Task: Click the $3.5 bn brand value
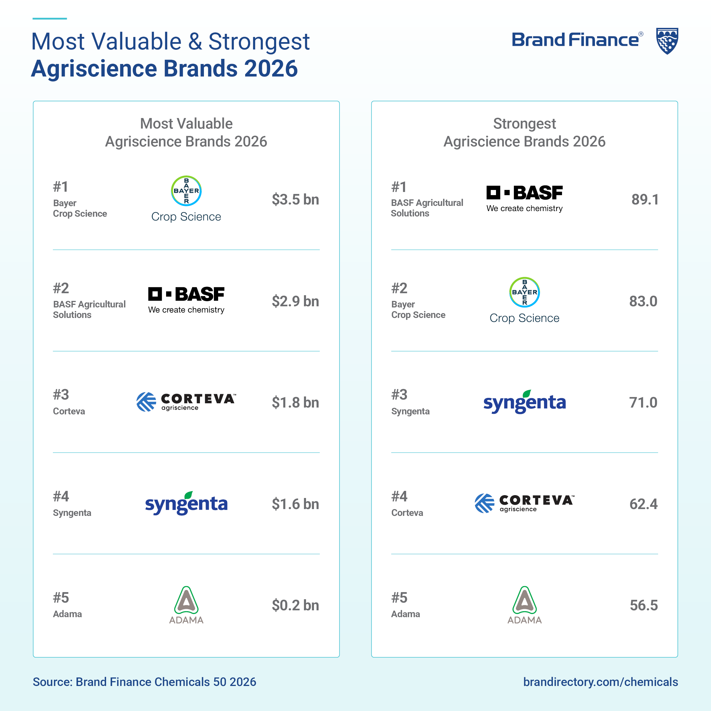pos(295,199)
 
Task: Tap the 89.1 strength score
pos(645,199)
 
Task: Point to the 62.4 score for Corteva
pos(643,504)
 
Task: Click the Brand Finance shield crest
pos(667,41)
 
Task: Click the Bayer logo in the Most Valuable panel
pos(186,199)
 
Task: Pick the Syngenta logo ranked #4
pos(186,503)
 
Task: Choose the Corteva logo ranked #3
pos(186,402)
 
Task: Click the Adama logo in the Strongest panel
pos(524,605)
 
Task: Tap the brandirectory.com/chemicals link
pos(600,682)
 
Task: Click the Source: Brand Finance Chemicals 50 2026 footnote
pos(144,682)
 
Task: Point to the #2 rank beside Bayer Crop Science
pos(399,288)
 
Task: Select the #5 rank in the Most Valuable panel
pos(61,598)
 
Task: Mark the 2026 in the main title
pos(270,69)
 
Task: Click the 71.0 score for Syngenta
pos(643,402)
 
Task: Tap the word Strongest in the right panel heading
pos(524,124)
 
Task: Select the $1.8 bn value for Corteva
pos(295,402)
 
